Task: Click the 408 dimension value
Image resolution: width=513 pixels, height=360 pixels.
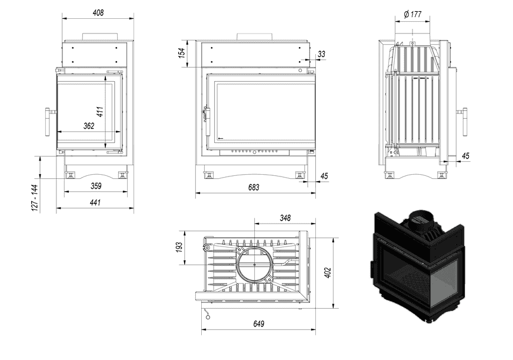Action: (98, 12)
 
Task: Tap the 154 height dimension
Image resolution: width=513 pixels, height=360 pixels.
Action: (182, 52)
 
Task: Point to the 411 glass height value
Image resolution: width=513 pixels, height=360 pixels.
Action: (101, 111)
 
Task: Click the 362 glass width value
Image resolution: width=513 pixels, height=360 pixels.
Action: (88, 126)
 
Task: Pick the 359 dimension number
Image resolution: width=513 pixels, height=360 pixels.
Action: (96, 186)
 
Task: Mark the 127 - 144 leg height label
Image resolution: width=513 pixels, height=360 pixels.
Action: (35, 198)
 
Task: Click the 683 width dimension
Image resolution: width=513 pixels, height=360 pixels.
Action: (254, 188)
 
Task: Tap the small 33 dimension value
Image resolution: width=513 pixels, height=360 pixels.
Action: (321, 54)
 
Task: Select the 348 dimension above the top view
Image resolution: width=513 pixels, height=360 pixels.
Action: (285, 218)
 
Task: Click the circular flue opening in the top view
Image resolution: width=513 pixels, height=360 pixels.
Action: (254, 265)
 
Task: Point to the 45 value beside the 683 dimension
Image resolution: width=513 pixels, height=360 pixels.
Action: (324, 176)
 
